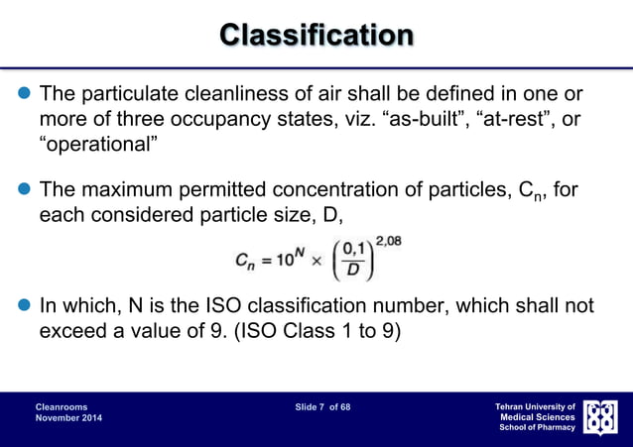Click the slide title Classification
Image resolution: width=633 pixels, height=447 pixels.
tap(316, 36)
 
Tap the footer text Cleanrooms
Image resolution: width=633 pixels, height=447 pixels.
tap(61, 406)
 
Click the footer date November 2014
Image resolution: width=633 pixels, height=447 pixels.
tap(67, 419)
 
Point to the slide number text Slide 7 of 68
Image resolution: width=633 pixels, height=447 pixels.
tap(322, 406)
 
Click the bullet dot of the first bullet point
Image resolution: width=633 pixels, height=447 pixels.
tap(21, 95)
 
